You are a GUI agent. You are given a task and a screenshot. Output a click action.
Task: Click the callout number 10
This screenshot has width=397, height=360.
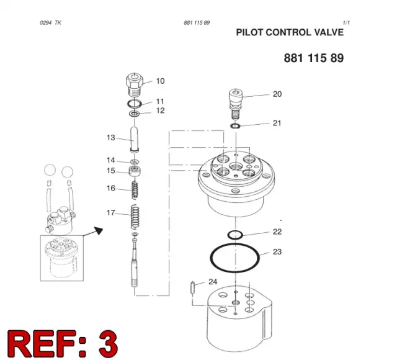click(x=160, y=81)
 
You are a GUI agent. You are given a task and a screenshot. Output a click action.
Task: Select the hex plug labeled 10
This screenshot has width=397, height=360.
click(x=135, y=84)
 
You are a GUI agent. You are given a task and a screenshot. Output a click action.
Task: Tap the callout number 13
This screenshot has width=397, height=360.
click(x=111, y=138)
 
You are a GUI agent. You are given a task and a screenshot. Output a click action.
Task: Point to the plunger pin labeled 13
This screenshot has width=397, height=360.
click(x=135, y=140)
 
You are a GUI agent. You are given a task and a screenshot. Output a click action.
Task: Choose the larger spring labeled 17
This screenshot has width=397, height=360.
click(x=135, y=217)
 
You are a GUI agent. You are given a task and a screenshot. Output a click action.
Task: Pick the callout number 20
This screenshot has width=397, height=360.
click(x=277, y=94)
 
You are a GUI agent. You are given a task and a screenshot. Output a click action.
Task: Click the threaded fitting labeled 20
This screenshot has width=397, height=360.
click(x=236, y=104)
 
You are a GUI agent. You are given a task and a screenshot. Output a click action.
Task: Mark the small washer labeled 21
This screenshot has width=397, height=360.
click(x=236, y=125)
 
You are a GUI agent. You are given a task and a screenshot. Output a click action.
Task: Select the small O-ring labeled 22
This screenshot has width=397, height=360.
click(x=235, y=235)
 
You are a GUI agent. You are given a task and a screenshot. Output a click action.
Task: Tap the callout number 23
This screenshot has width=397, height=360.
click(x=277, y=252)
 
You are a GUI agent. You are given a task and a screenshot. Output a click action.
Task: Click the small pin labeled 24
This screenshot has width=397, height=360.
click(x=193, y=287)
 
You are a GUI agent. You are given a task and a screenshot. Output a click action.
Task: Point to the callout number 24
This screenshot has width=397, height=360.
click(x=213, y=282)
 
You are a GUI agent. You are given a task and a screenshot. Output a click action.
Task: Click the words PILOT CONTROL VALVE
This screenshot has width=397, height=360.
click(x=290, y=32)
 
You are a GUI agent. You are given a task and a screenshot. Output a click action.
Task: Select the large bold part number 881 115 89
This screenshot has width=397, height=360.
click(x=314, y=58)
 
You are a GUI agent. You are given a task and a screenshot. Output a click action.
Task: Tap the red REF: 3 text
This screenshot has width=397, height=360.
click(x=63, y=344)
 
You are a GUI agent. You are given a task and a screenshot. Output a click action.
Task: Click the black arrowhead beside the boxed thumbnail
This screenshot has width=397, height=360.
click(x=99, y=230)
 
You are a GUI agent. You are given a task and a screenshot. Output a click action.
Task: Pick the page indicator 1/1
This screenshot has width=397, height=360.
click(x=346, y=23)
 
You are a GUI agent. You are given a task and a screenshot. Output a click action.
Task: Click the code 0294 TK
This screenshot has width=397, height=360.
click(x=50, y=23)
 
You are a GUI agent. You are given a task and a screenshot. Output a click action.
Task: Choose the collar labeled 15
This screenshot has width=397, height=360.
click(x=135, y=172)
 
